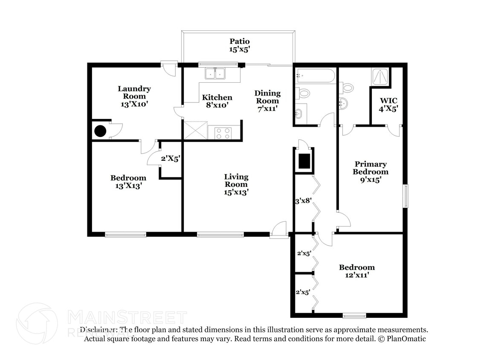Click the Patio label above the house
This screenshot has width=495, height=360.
[239, 45]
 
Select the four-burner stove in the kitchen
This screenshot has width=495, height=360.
[222, 133]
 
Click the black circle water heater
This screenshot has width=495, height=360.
[100, 131]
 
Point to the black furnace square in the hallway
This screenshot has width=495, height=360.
[304, 161]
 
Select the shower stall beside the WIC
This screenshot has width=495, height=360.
[380, 76]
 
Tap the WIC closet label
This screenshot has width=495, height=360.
[388, 105]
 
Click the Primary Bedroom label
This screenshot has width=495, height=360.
[371, 171]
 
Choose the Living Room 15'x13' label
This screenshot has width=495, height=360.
[236, 184]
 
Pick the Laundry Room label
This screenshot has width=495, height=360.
[134, 96]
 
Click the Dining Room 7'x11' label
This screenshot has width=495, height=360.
[267, 101]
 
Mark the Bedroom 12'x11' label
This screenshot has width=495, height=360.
[357, 271]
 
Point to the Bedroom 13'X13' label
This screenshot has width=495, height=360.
[128, 182]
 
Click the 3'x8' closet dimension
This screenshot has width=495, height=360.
[303, 200]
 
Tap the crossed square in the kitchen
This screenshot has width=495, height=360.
[195, 130]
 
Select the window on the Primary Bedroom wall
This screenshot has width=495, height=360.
[405, 196]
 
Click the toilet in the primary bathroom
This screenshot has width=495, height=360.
[347, 87]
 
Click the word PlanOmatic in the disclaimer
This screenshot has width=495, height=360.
[405, 339]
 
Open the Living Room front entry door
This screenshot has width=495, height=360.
[279, 230]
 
